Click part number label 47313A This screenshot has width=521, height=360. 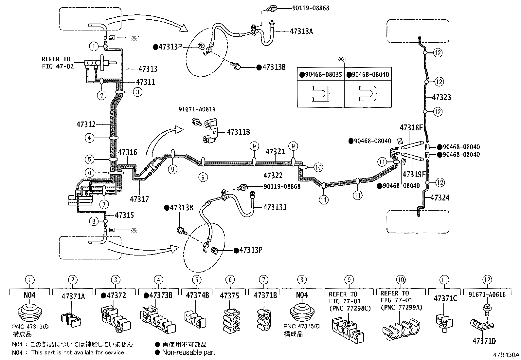pyautogui.click(x=301, y=31)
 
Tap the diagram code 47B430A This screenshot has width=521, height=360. pyautogui.click(x=506, y=355)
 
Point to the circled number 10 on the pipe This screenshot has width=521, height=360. pyautogui.click(x=318, y=167)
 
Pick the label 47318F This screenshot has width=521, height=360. pyautogui.click(x=411, y=128)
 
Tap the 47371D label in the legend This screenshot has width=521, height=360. pyautogui.click(x=484, y=341)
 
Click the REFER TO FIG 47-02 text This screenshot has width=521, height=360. pyautogui.click(x=56, y=63)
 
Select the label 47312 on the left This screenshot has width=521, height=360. pyautogui.click(x=86, y=124)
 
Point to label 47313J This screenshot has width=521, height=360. pyautogui.click(x=275, y=207)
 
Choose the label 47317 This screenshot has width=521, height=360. pyautogui.click(x=139, y=199)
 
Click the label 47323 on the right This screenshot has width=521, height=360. pyautogui.click(x=441, y=97)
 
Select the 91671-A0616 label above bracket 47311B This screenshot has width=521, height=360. pyautogui.click(x=197, y=109)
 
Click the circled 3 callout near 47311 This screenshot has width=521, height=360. pyautogui.click(x=137, y=92)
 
